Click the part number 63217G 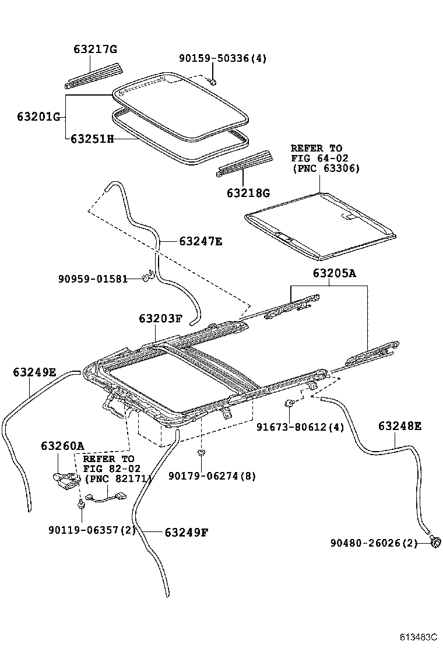click(x=96, y=50)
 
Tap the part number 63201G click(x=38, y=117)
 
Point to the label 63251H click(x=92, y=139)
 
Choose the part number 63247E click(x=201, y=241)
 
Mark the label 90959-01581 click(x=93, y=279)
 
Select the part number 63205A click(x=334, y=272)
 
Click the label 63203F click(x=161, y=319)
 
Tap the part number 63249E click(x=35, y=371)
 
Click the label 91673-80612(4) click(x=300, y=427)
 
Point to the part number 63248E click(x=399, y=426)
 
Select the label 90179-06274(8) click(x=212, y=476)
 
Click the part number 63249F click(x=187, y=532)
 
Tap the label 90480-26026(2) click(x=374, y=543)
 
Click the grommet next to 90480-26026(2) click(x=435, y=544)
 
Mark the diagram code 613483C click(x=417, y=638)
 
